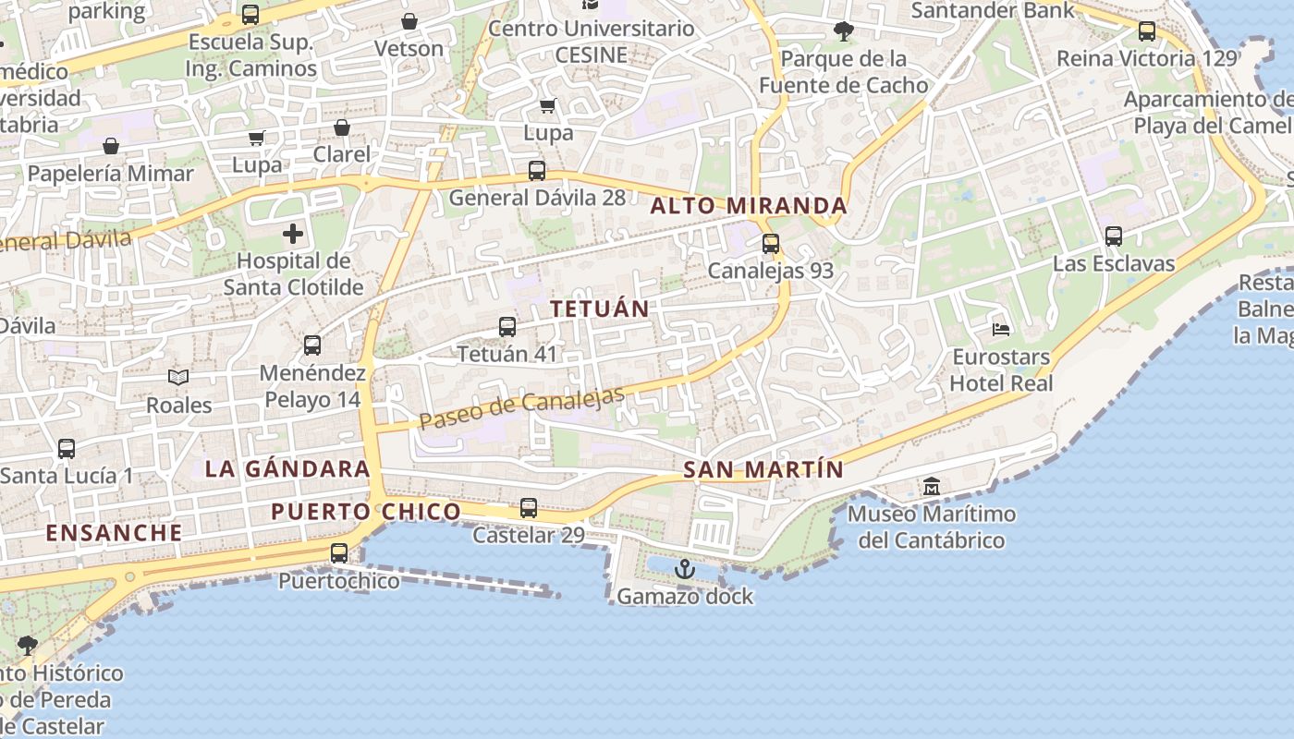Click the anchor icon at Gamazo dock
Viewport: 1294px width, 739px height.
point(684,569)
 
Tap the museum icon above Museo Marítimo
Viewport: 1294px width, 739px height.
point(931,486)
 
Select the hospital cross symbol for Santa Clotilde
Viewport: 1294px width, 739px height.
point(293,234)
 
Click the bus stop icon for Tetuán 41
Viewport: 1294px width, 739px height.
point(507,326)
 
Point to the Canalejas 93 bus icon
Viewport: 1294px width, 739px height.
point(771,244)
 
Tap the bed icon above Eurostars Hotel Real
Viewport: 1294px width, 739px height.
point(1000,329)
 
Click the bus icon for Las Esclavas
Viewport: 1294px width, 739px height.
point(1114,236)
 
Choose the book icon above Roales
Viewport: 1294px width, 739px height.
point(178,378)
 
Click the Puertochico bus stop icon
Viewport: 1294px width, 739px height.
point(339,553)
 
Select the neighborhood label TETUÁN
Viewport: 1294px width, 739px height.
point(600,309)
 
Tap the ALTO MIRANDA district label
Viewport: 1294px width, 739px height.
point(748,206)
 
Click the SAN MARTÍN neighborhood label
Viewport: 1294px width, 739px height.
point(763,469)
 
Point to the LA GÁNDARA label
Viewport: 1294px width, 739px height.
point(287,468)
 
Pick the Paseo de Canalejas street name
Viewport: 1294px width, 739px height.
point(522,407)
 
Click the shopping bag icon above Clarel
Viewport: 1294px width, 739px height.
point(342,127)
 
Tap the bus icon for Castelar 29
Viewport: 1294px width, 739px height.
point(528,508)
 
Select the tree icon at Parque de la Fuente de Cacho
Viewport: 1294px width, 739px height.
point(843,31)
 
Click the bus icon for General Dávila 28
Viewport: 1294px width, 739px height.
point(536,171)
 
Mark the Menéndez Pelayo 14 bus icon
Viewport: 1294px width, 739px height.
point(312,345)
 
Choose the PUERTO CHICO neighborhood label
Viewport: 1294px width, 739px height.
point(366,511)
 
